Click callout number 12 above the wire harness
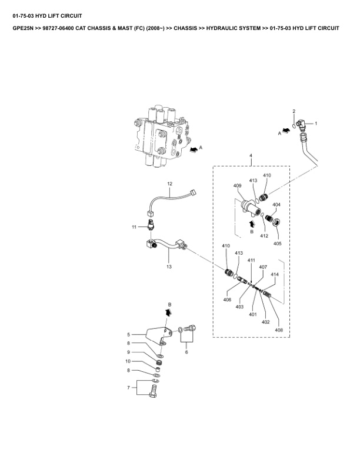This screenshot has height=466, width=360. click(x=169, y=184)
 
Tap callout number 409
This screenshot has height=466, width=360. click(x=237, y=185)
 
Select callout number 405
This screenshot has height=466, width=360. click(x=278, y=244)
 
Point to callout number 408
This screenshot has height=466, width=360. click(x=279, y=330)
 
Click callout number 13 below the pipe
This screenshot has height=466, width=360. click(x=169, y=267)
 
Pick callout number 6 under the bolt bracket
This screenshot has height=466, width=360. click(x=186, y=352)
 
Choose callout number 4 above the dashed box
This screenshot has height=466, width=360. click(x=251, y=155)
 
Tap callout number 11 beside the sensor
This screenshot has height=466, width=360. click(x=134, y=227)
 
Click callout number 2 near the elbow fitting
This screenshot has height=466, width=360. click(x=294, y=111)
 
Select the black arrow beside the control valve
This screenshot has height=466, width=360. click(x=194, y=149)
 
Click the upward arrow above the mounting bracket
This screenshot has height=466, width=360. click(x=168, y=312)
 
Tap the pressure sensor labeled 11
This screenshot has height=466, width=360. click(x=151, y=224)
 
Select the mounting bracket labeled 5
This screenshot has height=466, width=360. click(x=159, y=335)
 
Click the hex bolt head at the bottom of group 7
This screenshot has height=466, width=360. click(x=152, y=395)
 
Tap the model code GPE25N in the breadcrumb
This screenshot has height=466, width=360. click(x=23, y=28)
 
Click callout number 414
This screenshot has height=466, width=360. click(x=275, y=274)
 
